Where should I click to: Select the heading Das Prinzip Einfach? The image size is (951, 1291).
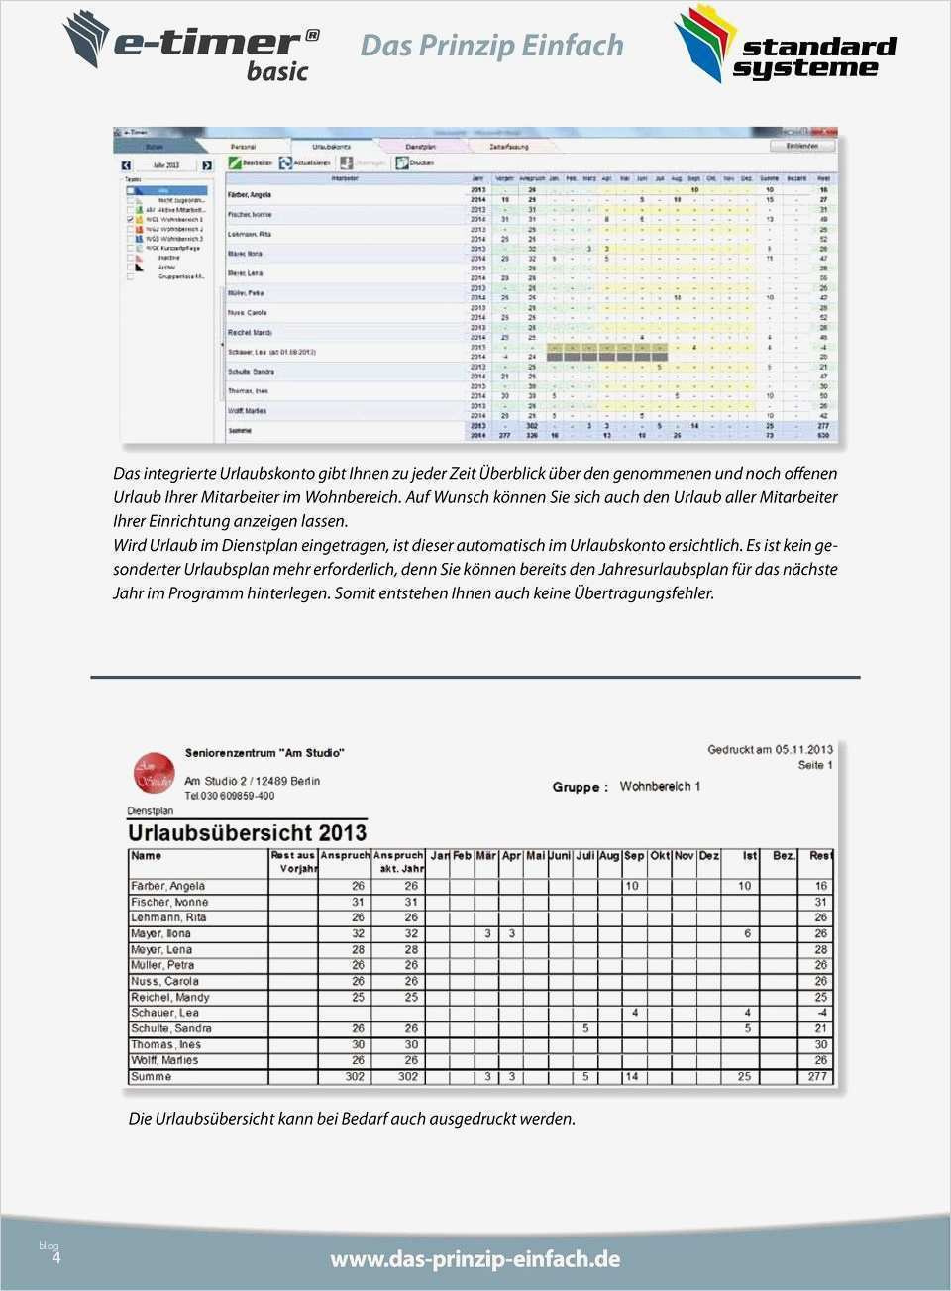pyautogui.click(x=491, y=45)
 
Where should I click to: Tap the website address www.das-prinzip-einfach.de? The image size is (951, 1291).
pyautogui.click(x=475, y=1258)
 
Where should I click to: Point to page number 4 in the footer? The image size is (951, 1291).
pyautogui.click(x=55, y=1257)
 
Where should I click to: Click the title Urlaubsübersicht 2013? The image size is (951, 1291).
pyautogui.click(x=247, y=832)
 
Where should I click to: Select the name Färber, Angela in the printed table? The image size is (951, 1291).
pyautogui.click(x=167, y=886)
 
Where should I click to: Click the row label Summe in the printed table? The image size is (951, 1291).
pyautogui.click(x=151, y=1076)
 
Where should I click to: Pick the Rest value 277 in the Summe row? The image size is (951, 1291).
pyautogui.click(x=817, y=1076)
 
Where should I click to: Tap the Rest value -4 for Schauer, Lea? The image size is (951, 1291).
pyautogui.click(x=821, y=1013)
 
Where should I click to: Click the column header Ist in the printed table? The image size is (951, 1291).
pyautogui.click(x=750, y=855)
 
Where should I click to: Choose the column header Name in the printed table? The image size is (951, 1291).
pyautogui.click(x=146, y=855)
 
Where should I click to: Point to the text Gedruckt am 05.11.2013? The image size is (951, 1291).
pyautogui.click(x=770, y=749)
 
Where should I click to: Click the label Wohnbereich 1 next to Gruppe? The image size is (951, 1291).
pyautogui.click(x=660, y=786)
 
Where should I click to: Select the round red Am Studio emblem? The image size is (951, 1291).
pyautogui.click(x=153, y=773)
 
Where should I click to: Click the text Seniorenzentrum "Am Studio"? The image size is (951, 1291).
pyautogui.click(x=264, y=753)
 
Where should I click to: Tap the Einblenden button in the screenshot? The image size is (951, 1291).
pyautogui.click(x=802, y=146)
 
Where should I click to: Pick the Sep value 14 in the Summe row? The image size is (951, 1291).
pyautogui.click(x=632, y=1076)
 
